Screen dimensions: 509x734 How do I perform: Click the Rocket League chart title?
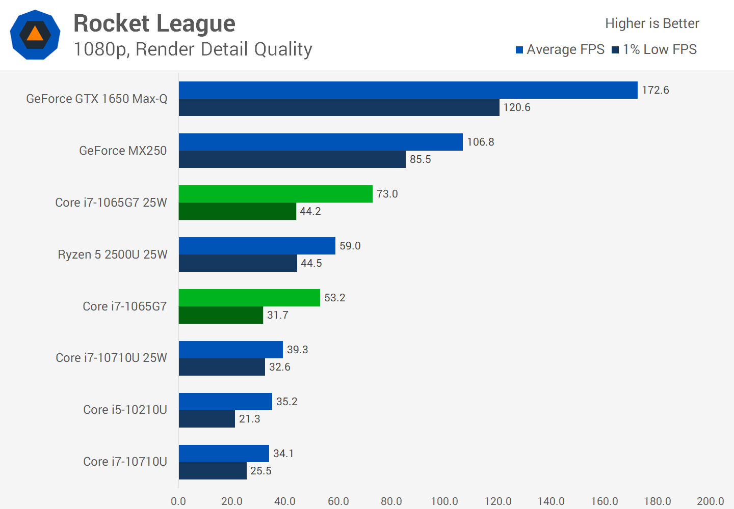click(x=154, y=23)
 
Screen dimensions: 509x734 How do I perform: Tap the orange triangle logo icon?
click(x=35, y=34)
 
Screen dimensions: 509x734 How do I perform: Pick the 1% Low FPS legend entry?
click(x=654, y=49)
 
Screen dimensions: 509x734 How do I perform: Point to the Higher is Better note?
click(x=652, y=23)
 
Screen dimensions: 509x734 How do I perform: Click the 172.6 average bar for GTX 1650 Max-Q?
click(x=408, y=90)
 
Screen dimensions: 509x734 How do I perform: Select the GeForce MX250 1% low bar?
click(x=292, y=159)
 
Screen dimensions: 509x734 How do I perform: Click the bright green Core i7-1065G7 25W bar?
click(x=275, y=194)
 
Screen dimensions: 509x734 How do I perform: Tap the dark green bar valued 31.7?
click(x=221, y=315)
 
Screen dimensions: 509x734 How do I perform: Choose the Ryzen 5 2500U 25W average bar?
click(x=257, y=246)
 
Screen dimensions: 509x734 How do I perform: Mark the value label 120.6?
click(x=517, y=107)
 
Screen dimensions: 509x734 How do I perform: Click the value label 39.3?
click(x=297, y=350)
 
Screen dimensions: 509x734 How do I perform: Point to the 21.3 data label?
click(x=249, y=419)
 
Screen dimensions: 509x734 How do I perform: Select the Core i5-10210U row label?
click(x=125, y=410)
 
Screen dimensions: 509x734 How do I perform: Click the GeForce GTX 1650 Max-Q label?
click(x=97, y=99)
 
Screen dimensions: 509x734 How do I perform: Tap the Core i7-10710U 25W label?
click(x=111, y=358)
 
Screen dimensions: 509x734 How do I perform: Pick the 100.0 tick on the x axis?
click(x=444, y=501)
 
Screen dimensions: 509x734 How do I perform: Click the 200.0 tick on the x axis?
click(x=710, y=501)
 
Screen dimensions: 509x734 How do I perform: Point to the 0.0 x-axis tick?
click(x=178, y=501)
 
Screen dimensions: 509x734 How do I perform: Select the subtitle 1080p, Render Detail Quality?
click(x=193, y=49)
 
